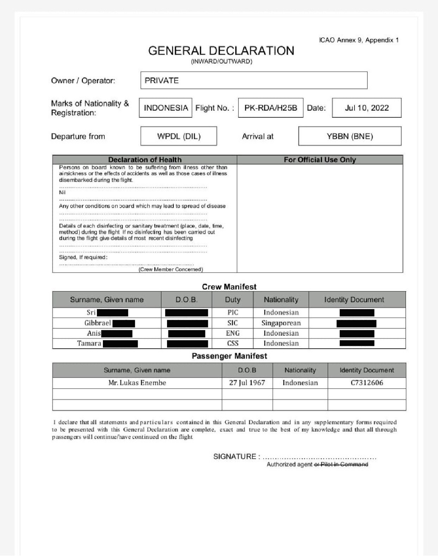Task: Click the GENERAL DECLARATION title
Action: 221,51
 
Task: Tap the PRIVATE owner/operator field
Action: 253,80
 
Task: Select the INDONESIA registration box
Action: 166,108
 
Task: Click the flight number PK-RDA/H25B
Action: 271,108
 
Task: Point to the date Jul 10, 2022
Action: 366,108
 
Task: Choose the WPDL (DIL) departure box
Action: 179,136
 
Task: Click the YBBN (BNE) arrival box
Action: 350,136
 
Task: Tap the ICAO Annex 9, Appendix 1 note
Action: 359,40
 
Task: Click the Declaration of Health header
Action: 144,160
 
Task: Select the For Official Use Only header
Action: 320,160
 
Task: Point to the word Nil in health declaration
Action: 62,193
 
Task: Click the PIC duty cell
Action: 233,313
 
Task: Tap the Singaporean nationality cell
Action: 281,323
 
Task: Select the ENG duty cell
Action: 233,333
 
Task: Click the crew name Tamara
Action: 89,343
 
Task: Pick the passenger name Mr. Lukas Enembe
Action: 137,383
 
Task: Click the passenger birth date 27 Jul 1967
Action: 247,383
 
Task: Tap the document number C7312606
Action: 366,383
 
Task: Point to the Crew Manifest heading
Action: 229,287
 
